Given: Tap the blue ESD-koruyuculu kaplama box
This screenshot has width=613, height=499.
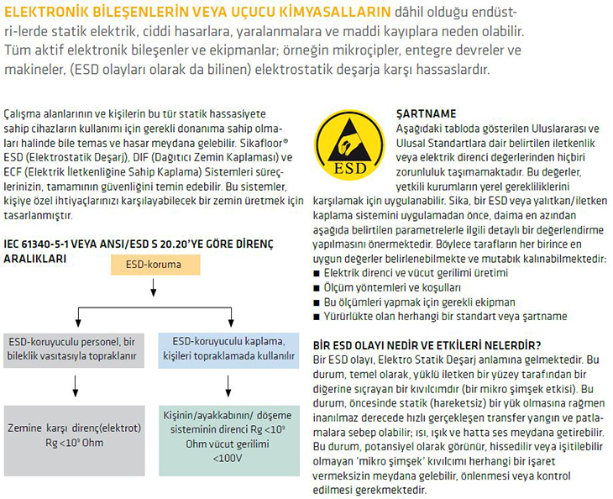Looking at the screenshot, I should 228,349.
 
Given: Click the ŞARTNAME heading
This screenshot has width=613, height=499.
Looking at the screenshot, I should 426,112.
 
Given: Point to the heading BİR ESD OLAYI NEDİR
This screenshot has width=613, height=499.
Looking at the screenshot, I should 426,344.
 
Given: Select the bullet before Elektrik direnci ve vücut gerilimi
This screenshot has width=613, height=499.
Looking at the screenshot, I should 317,275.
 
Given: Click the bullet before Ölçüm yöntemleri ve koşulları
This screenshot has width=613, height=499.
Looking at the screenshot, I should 317,288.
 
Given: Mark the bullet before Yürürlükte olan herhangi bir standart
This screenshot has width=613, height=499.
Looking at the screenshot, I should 317,316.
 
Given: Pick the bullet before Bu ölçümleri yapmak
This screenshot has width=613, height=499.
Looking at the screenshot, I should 317,302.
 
